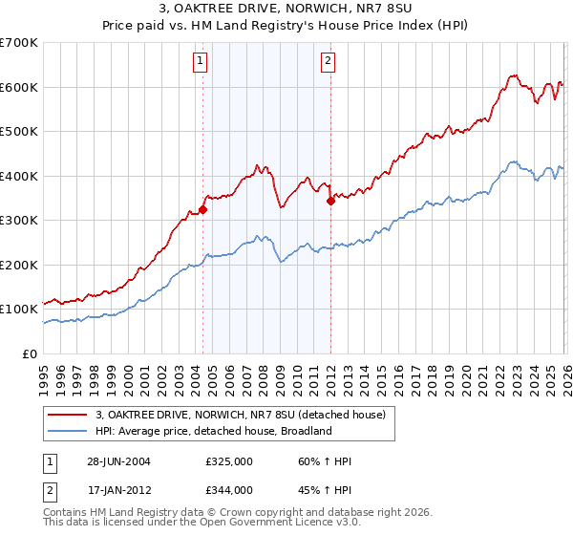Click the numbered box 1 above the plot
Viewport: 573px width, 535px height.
tap(201, 62)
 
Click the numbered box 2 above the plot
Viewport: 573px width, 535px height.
tap(328, 62)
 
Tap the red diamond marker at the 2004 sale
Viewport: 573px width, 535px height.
tap(203, 210)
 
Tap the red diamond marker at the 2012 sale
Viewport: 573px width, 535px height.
tap(330, 202)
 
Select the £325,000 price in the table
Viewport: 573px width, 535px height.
tap(229, 461)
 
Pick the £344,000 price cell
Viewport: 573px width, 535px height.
tap(229, 490)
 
